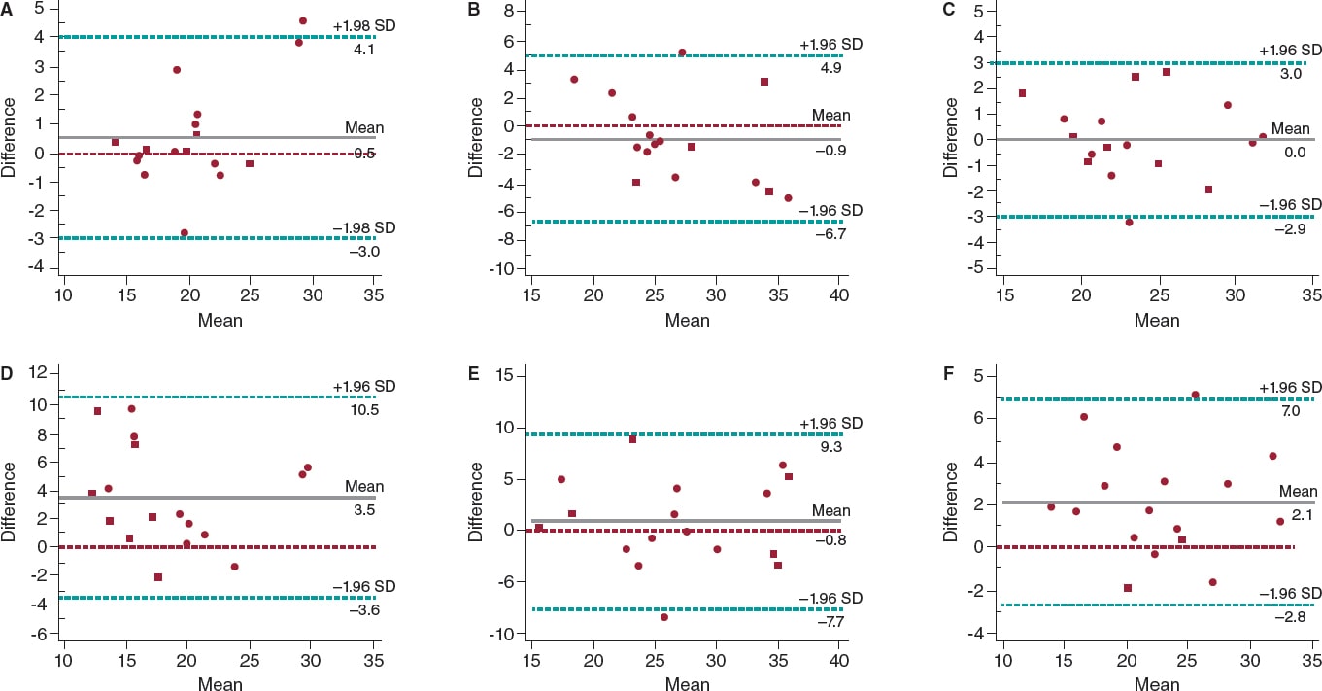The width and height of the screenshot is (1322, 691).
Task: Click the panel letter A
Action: click(x=7, y=9)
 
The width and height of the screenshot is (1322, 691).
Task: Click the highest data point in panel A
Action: click(x=303, y=20)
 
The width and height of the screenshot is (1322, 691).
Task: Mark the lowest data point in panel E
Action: click(x=664, y=617)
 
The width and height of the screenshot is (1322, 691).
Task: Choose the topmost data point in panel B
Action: click(x=682, y=52)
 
